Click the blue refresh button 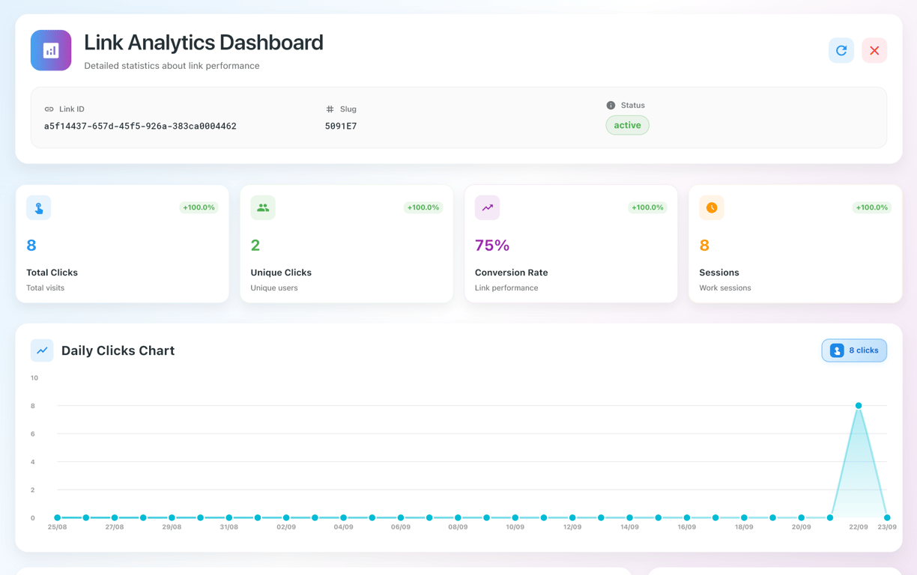pyautogui.click(x=841, y=50)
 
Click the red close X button pyautogui.click(x=874, y=50)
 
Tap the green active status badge pyautogui.click(x=627, y=125)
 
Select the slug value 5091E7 pyautogui.click(x=341, y=127)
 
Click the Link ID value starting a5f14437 pyautogui.click(x=140, y=127)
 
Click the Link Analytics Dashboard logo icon pyautogui.click(x=51, y=50)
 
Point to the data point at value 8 pyautogui.click(x=859, y=406)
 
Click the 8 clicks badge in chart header pyautogui.click(x=854, y=350)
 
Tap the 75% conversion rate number pyautogui.click(x=492, y=246)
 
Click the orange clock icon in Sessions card pyautogui.click(x=712, y=207)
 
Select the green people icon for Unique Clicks pyautogui.click(x=263, y=207)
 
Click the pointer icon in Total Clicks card pyautogui.click(x=39, y=208)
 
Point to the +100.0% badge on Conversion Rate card pyautogui.click(x=647, y=207)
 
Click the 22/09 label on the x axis pyautogui.click(x=859, y=527)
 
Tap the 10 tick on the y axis pyautogui.click(x=34, y=378)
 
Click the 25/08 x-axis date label pyautogui.click(x=57, y=527)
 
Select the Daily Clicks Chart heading pyautogui.click(x=118, y=350)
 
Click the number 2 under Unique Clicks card pyautogui.click(x=255, y=246)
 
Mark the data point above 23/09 pyautogui.click(x=887, y=517)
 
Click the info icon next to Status pyautogui.click(x=611, y=106)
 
